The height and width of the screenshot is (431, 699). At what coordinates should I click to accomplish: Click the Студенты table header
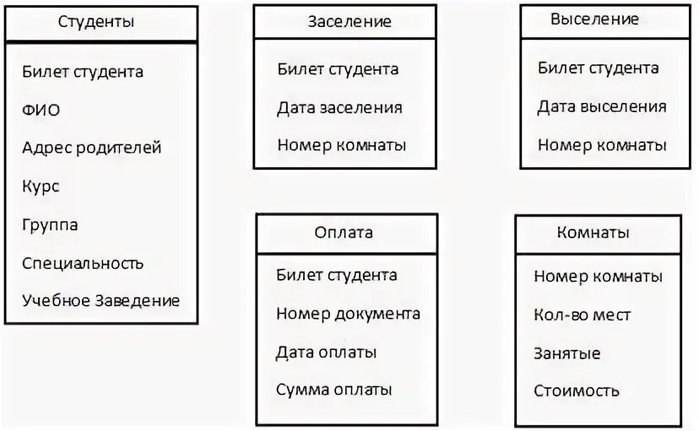[96, 22]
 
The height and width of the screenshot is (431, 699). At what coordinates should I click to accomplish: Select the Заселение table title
[349, 22]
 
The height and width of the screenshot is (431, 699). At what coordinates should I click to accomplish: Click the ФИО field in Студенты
[41, 110]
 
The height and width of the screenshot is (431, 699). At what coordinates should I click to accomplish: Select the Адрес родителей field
[91, 148]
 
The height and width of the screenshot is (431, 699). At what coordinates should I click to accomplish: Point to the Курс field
[41, 186]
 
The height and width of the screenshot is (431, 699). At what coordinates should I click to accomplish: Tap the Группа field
[50, 225]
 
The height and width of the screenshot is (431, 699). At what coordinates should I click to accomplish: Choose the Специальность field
[83, 263]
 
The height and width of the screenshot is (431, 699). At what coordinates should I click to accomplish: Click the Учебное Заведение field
[101, 301]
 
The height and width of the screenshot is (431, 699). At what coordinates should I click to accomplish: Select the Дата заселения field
[339, 107]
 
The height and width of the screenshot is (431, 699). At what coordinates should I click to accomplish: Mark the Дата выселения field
[602, 106]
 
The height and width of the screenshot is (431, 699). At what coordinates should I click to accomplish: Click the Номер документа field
[348, 314]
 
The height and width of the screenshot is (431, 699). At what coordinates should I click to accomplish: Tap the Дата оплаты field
[326, 352]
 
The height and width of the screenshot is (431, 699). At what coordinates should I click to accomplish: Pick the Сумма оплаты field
[333, 390]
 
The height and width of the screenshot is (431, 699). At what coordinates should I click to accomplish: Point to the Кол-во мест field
[582, 314]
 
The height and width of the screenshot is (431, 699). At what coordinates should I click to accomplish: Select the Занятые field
[567, 352]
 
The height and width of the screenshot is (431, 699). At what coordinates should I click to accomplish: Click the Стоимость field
[577, 390]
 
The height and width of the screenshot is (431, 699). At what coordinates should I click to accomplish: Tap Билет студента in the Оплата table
[336, 275]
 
